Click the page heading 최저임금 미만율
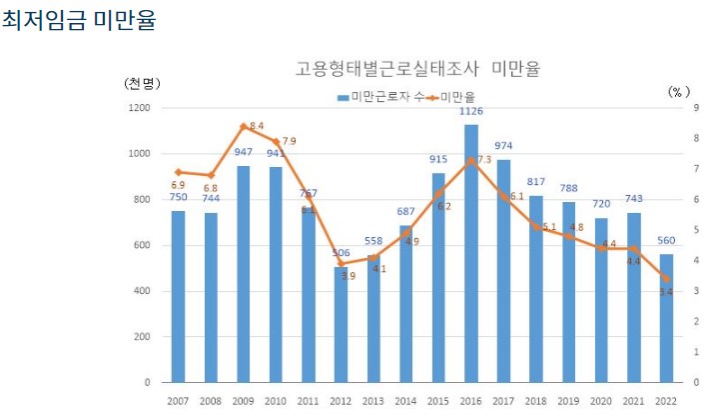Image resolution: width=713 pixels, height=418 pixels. pos(79,21)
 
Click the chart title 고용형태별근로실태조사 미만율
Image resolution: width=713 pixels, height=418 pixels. pos(416,68)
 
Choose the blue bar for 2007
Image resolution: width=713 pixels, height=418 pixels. pos(178,297)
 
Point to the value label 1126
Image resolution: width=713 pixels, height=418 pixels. pos(470,111)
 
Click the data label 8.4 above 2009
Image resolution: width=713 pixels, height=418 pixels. pos(257,126)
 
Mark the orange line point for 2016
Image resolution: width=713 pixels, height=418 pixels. pos(470,159)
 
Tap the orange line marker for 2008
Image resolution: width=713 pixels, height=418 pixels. pos(211,175)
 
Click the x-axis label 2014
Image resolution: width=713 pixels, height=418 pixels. pos(405,400)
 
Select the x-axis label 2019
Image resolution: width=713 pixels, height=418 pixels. pos(568,400)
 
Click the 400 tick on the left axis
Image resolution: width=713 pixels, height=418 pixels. pos(141,291)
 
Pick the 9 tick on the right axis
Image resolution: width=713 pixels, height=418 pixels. pos(695,108)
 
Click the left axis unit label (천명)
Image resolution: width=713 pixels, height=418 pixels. pos(142,83)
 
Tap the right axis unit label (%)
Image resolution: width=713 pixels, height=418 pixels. pos(678,91)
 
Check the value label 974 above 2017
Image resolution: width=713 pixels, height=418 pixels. pos(503,146)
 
